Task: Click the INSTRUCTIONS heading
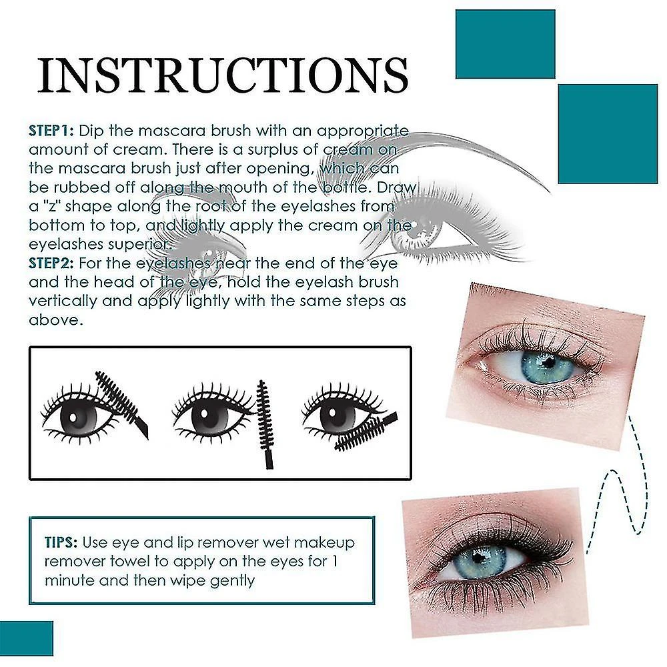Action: pos(223,75)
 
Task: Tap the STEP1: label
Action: pos(51,131)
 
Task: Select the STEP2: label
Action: pos(51,263)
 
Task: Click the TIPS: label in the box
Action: pos(61,542)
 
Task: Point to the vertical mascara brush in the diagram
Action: pos(265,424)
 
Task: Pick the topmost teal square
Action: pos(506,44)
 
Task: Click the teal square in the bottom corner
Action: pos(27,638)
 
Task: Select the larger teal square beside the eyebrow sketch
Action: pos(608,134)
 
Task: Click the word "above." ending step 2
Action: pos(56,320)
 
